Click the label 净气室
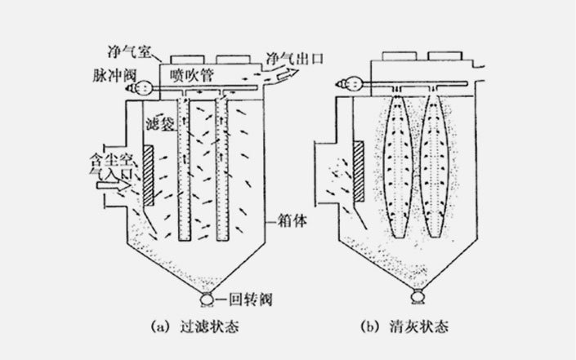[127, 51]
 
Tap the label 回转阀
[243, 298]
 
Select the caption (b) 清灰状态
[406, 328]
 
